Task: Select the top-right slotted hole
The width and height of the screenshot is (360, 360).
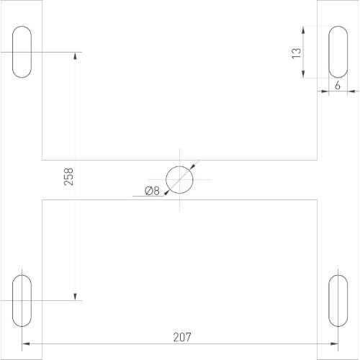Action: [x=338, y=52]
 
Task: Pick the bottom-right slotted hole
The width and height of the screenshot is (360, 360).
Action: [x=338, y=300]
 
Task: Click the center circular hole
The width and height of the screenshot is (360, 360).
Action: [x=180, y=179]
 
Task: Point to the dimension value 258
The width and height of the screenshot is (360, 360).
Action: [x=69, y=177]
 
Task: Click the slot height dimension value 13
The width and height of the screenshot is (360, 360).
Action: [x=296, y=53]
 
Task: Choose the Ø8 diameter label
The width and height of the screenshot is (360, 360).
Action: [x=151, y=191]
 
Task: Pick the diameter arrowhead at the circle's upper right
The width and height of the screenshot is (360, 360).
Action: [x=192, y=167]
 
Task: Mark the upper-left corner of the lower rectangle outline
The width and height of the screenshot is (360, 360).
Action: [x=42, y=200]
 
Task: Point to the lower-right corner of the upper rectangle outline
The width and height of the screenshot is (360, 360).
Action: [x=318, y=160]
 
